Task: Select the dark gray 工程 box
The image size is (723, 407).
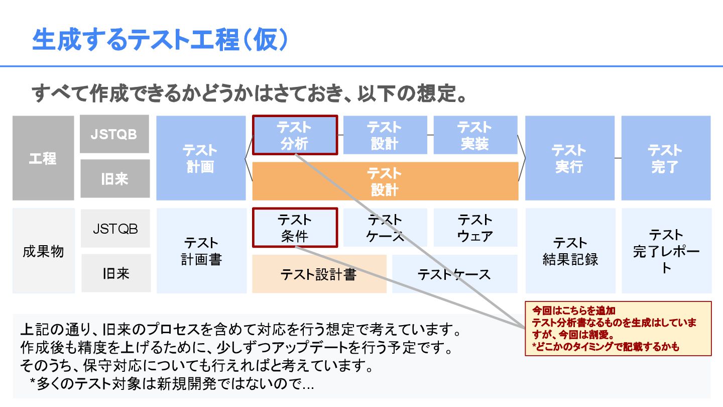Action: [43, 158]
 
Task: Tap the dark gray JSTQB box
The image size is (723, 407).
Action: [114, 134]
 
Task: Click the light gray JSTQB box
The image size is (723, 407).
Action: [115, 229]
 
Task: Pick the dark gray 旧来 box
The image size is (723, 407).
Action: [115, 179]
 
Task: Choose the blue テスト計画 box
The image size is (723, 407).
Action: [200, 158]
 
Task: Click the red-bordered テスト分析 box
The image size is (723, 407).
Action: [295, 135]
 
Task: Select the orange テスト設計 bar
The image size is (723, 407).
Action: [385, 181]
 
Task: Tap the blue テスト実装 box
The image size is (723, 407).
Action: [475, 135]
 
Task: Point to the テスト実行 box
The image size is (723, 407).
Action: [569, 158]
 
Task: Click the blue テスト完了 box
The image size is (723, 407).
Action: [665, 158]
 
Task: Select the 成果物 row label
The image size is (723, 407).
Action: [43, 251]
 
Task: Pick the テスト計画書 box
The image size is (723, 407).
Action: [201, 251]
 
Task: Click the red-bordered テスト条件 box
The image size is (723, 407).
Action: [295, 228]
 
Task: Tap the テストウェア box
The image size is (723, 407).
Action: [475, 228]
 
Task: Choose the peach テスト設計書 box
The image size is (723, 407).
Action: [319, 274]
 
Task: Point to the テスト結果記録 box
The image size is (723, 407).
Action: [570, 251]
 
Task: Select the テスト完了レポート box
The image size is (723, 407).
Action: [666, 251]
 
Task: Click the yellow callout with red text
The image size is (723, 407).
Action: [618, 329]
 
